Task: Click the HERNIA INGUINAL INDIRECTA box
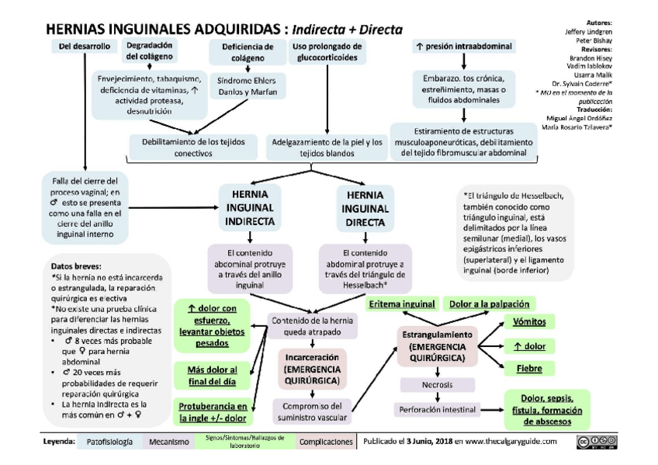(x=249, y=207)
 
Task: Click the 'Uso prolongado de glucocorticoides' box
(x=327, y=52)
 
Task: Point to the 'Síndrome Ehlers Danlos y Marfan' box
(x=242, y=86)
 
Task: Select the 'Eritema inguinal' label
(x=401, y=304)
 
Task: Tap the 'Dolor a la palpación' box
(x=489, y=304)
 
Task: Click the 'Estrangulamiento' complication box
(x=435, y=345)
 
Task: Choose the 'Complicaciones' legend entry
(x=325, y=442)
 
